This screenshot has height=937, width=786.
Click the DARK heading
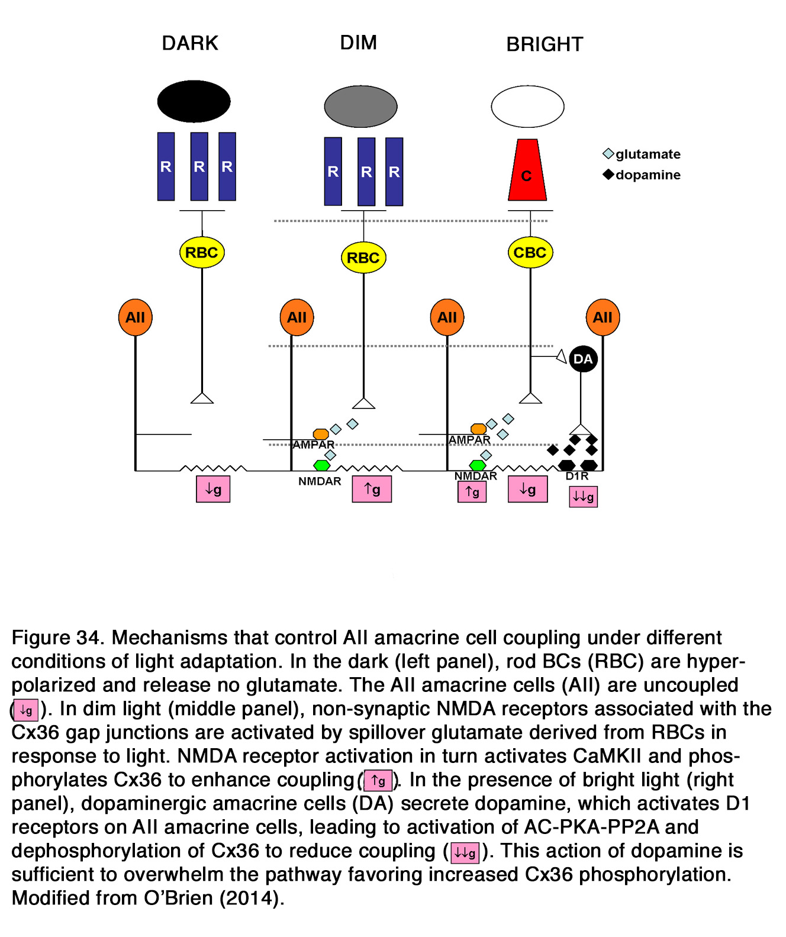point(190,43)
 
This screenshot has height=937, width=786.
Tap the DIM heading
point(358,43)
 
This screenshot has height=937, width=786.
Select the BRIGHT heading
point(545,44)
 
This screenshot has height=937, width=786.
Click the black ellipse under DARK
point(194,101)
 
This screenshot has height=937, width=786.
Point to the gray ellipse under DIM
point(360,107)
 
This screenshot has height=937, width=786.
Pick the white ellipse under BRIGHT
point(527,107)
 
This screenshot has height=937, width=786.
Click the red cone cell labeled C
point(527,171)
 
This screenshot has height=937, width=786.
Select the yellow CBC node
point(530,253)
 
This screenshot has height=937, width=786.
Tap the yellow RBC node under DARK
point(202,253)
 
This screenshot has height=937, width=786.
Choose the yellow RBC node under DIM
point(363,257)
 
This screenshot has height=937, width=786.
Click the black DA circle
point(583,359)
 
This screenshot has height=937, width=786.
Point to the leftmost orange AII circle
point(135,317)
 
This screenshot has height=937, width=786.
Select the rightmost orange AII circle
point(603,317)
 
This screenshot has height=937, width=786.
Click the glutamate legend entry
point(642,154)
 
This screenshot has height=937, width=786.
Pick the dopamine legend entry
point(642,175)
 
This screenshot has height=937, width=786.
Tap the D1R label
point(577,476)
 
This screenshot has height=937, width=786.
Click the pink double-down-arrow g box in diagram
point(583,497)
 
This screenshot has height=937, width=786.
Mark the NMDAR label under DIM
point(320,481)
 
